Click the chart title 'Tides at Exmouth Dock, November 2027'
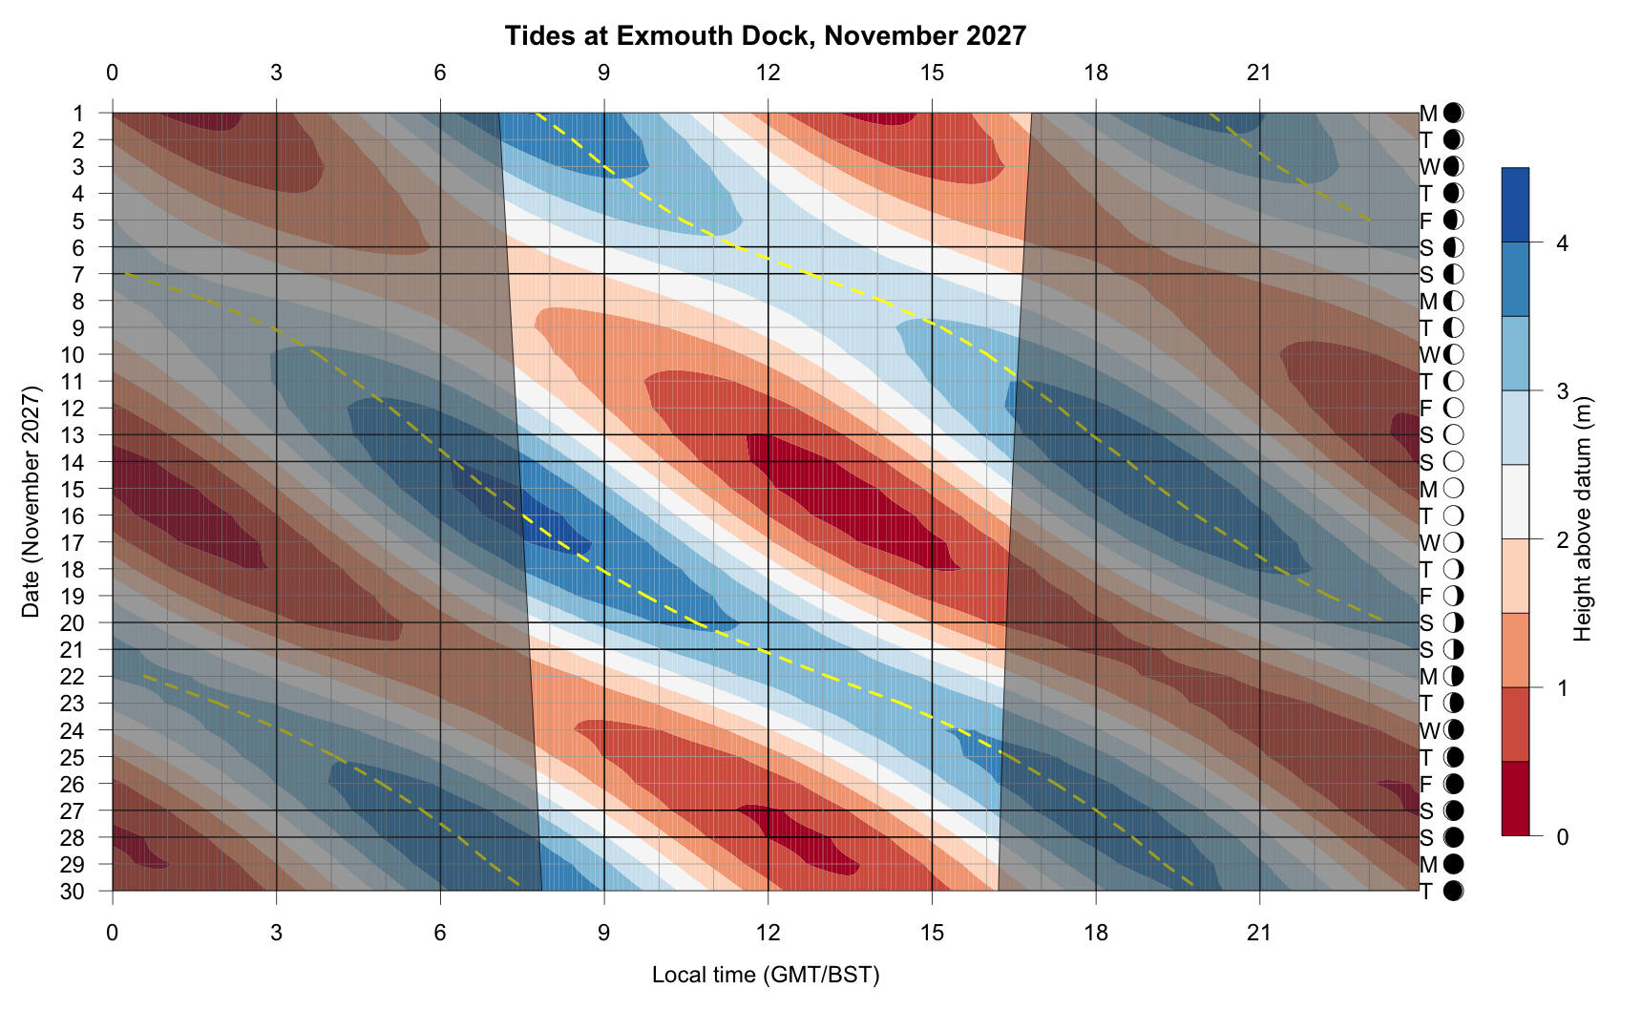coord(765,36)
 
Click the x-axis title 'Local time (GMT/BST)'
coord(765,975)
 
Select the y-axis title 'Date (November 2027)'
coord(32,502)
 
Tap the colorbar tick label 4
coord(1562,243)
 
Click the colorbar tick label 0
coord(1562,837)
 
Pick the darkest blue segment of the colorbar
coord(1515,205)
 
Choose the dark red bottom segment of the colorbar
coord(1515,799)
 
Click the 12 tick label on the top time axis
coord(768,73)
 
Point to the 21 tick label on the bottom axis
coord(1259,932)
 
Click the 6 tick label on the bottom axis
coord(440,932)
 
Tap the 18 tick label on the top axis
coord(1096,73)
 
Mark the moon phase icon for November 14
coord(1453,462)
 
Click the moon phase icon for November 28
coord(1453,838)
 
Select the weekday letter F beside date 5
coord(1426,221)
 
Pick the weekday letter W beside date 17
coord(1428,543)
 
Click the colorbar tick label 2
coord(1562,540)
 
